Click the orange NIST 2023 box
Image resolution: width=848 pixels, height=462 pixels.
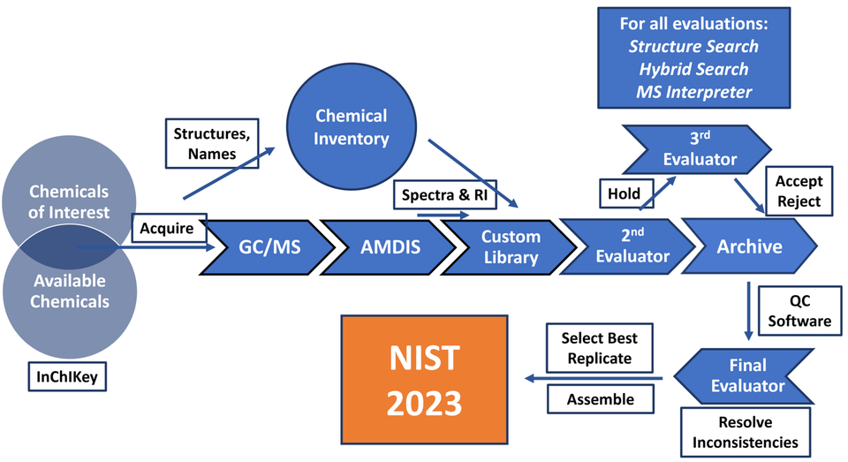pyautogui.click(x=427, y=381)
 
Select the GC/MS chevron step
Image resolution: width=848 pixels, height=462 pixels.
pyautogui.click(x=266, y=247)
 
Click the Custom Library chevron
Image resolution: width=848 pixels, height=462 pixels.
pyautogui.click(x=507, y=247)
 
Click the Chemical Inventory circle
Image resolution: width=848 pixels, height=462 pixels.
pyautogui.click(x=352, y=126)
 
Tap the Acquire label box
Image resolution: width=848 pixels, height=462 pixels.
pyautogui.click(x=169, y=229)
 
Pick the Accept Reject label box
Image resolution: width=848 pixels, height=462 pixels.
pyautogui.click(x=799, y=191)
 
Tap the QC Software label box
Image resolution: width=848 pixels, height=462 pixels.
pyautogui.click(x=800, y=310)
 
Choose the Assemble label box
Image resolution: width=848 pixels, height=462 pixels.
pyautogui.click(x=600, y=399)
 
